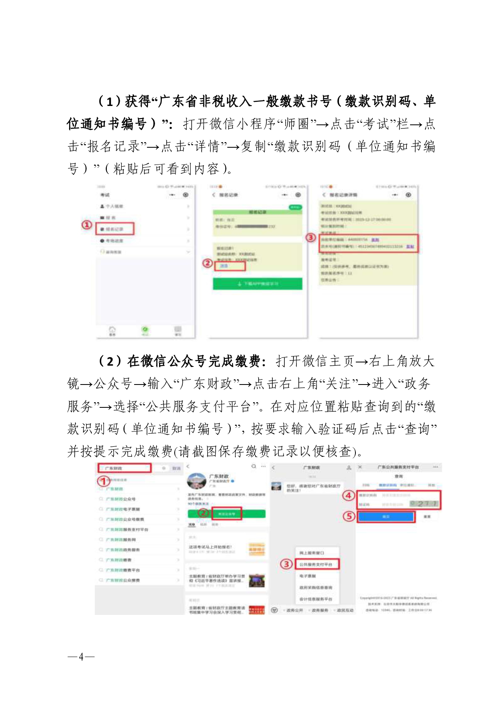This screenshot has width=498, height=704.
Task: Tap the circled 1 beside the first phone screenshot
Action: click(x=87, y=225)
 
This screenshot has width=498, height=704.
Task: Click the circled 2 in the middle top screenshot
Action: click(x=207, y=263)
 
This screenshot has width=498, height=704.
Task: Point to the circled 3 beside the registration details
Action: click(x=311, y=238)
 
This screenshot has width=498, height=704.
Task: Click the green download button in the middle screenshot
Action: click(x=257, y=284)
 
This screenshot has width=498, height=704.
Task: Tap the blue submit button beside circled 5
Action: click(x=386, y=517)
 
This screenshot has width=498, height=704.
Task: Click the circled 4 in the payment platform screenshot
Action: click(x=349, y=496)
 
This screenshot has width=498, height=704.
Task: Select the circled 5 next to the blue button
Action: click(x=349, y=516)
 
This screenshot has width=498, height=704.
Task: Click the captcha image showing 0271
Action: click(x=424, y=504)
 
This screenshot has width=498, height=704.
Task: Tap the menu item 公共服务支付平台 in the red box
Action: click(x=317, y=564)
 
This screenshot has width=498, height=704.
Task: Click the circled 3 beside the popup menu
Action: click(x=286, y=564)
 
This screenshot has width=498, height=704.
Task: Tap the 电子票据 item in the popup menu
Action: click(x=308, y=576)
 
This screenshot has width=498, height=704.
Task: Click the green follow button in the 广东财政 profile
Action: click(x=227, y=514)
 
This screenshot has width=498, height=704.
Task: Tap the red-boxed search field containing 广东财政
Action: click(x=124, y=468)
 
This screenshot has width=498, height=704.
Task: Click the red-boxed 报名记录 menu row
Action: click(x=115, y=229)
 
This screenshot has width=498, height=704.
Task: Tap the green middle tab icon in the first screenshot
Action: click(x=145, y=330)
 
